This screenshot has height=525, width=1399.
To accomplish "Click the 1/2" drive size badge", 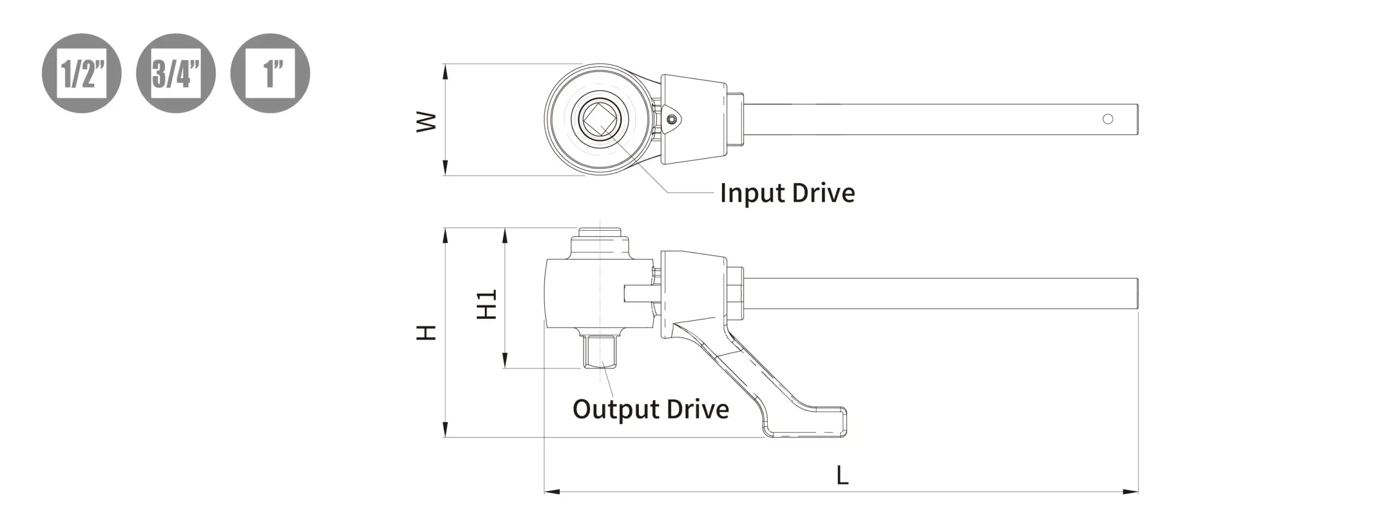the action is (81, 73).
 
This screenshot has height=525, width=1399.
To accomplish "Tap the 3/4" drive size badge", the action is (176, 73).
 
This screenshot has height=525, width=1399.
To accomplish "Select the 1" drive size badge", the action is (270, 73).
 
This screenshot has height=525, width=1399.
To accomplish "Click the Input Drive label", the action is (787, 194).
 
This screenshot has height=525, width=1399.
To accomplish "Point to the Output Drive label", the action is (651, 410).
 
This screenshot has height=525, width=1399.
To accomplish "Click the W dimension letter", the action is (427, 121).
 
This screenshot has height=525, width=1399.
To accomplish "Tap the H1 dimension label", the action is (486, 304).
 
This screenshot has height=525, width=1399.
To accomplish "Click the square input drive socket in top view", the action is (599, 119).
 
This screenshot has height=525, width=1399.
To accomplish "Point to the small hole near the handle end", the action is (1108, 119).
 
